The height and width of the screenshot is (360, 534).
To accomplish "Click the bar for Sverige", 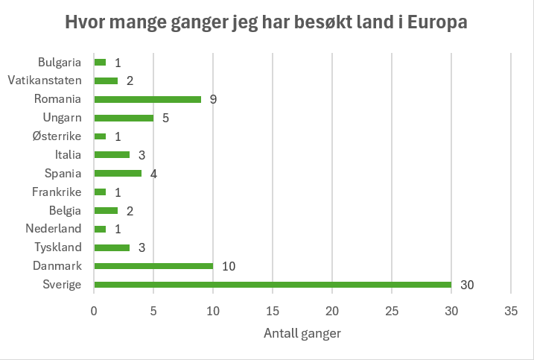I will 273,284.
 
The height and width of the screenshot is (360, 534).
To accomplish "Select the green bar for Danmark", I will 153,266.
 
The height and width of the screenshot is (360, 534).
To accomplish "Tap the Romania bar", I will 147,99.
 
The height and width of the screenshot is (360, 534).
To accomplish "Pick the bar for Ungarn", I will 124,118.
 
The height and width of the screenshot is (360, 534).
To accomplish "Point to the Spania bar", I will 118,173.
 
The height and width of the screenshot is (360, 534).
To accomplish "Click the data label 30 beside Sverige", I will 467,285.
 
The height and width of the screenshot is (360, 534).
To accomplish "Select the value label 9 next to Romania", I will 213,99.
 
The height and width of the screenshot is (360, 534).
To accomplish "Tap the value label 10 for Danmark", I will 229,266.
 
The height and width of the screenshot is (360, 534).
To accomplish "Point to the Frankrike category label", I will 57,192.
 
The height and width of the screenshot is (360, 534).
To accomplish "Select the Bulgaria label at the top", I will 60,62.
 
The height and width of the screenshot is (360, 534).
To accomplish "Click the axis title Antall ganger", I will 302,333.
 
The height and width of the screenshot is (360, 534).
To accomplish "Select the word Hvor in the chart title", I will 85,23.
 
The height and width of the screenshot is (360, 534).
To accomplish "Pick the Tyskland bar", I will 112,247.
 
